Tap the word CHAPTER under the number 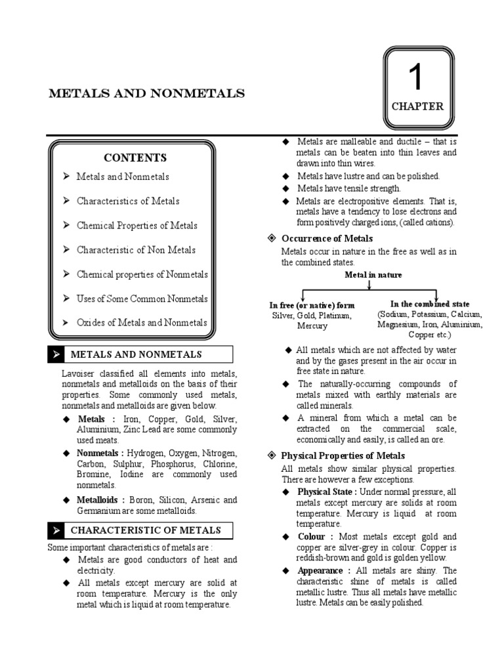click(417, 106)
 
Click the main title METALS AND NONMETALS click(146, 93)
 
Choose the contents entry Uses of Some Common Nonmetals click(142, 299)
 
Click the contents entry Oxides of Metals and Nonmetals click(141, 322)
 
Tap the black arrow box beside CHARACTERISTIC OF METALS click(56, 530)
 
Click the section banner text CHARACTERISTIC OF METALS click(146, 530)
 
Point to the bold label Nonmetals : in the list click(100, 453)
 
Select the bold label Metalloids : click(100, 499)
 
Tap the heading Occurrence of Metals click(327, 238)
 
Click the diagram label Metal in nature click(373, 274)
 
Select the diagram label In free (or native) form click(312, 305)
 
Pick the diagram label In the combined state click(430, 304)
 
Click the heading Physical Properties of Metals click(343, 455)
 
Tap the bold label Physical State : click(327, 492)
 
